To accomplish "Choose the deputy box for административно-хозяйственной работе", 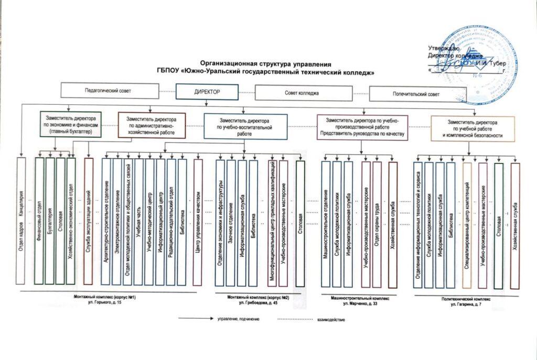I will pyautogui.click(x=152, y=125).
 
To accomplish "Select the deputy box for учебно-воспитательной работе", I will pyautogui.click(x=245, y=127).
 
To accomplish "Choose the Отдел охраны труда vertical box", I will pyautogui.click(x=377, y=223).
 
